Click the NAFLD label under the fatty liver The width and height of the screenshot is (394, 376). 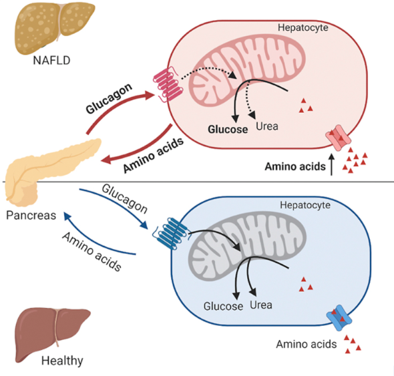(51, 61)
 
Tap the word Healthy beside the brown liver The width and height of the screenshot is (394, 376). (62, 361)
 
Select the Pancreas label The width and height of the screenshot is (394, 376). (31, 216)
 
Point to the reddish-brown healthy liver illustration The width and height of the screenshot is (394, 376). (51, 335)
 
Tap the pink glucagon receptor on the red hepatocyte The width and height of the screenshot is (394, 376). (168, 84)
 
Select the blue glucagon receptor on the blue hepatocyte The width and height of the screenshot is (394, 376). (172, 233)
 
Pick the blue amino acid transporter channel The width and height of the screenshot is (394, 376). (339, 318)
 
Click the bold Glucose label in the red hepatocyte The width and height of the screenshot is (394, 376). (228, 130)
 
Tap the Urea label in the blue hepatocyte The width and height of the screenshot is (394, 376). (261, 305)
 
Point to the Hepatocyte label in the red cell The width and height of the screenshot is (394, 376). (303, 27)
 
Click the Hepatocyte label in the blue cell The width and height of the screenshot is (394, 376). (305, 205)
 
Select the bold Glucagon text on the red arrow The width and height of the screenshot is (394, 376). (109, 98)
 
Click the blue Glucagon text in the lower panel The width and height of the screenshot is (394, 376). (125, 198)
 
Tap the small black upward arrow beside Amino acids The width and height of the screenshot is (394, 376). (332, 164)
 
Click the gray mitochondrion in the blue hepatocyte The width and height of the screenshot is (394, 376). (247, 244)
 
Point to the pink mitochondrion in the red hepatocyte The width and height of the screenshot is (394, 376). (247, 69)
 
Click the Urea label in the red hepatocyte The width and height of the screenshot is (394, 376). (267, 126)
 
